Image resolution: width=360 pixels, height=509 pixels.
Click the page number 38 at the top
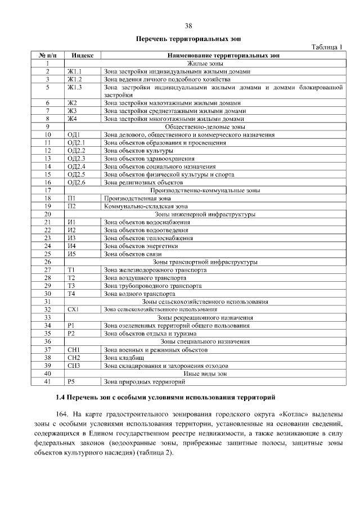[x=188, y=25]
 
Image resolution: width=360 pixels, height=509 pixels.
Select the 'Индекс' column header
[x=83, y=55]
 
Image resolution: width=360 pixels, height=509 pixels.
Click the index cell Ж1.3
[x=75, y=87]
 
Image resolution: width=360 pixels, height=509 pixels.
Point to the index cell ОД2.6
[x=76, y=182]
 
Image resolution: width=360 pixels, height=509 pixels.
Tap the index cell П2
[x=71, y=206]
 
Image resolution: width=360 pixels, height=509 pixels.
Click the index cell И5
[x=71, y=253]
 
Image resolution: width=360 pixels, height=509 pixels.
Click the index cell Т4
[x=71, y=293]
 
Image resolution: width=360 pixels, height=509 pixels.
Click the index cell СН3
[x=74, y=364]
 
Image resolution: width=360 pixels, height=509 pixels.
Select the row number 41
[x=48, y=381]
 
